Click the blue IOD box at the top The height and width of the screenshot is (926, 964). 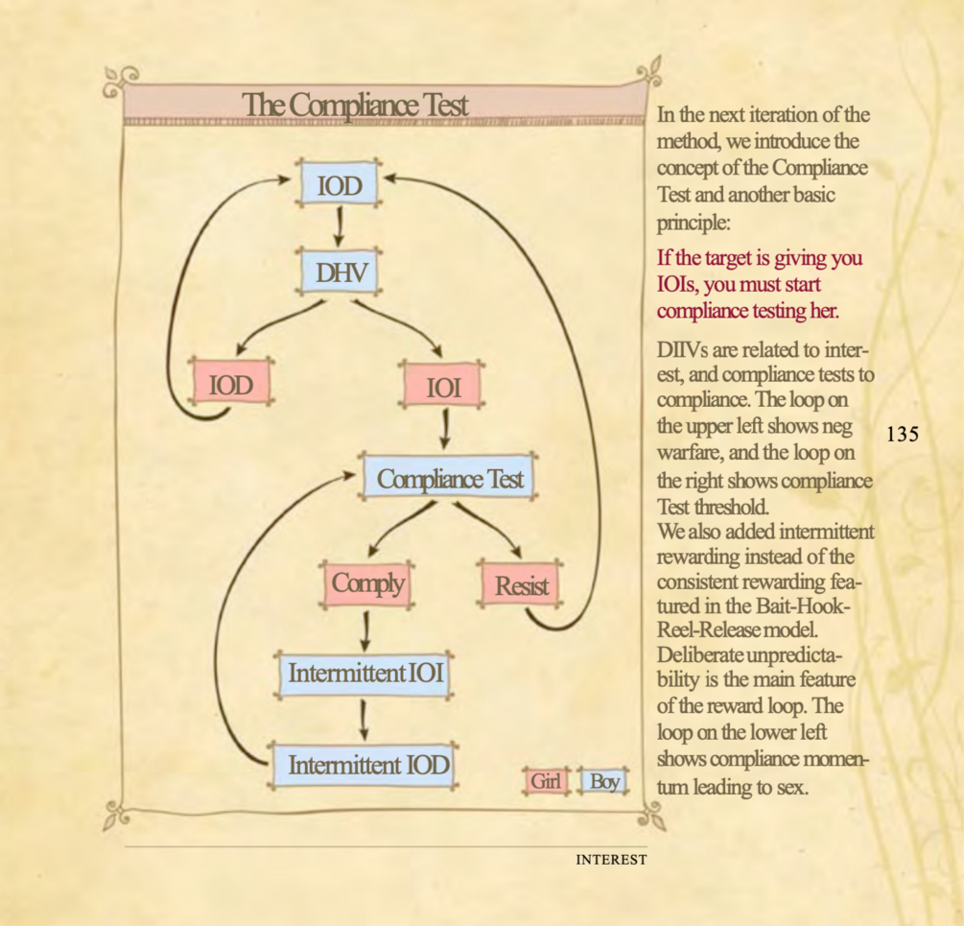pos(340,184)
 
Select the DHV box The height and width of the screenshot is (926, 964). pos(340,273)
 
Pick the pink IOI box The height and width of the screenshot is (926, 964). pos(444,388)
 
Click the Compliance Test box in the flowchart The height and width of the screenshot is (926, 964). pos(449,478)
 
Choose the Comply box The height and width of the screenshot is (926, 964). pos(368,582)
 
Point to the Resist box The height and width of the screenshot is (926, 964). pos(520,585)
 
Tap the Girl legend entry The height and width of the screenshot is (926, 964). pos(546,781)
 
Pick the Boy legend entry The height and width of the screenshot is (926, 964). pos(603,781)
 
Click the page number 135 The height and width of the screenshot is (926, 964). pos(903,434)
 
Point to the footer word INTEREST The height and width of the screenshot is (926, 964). pos(611,860)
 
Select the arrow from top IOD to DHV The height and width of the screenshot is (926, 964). pos(340,228)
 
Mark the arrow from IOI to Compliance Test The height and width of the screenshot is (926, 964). pos(445,429)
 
